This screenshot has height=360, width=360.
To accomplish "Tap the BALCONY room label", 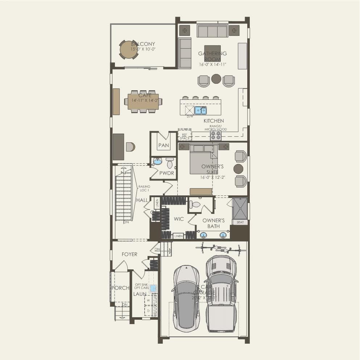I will pos(143,44).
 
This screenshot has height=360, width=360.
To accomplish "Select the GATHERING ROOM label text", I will pos(212,56).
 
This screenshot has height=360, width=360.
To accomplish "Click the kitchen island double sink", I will pos(200,110).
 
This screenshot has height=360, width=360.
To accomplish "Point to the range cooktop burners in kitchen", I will pos(216,135).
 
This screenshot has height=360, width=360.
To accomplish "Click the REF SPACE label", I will pos(185,136).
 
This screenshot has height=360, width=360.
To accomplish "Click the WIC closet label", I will pos(179,219).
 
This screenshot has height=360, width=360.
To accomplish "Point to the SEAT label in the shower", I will pos(240,222).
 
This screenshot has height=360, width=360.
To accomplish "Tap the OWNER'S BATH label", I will pos(214,223).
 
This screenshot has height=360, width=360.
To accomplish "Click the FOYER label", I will pos(129,254).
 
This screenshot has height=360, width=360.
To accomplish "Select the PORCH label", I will pos(120,288).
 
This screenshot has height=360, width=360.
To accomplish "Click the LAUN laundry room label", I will pos(140,294).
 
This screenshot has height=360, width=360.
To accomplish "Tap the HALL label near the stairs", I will pos(142,200).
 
